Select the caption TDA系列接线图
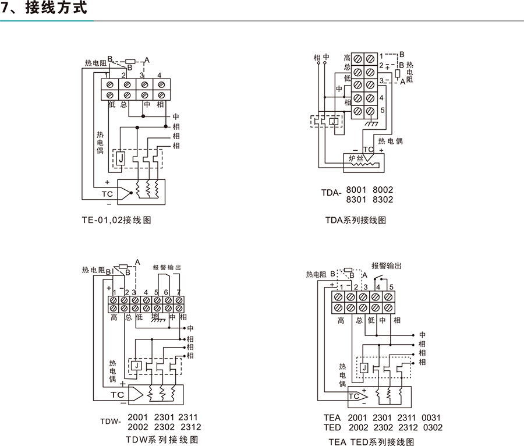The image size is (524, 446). coord(356,220)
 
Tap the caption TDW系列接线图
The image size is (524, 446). coord(161,439)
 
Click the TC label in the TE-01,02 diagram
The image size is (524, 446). coord(108,194)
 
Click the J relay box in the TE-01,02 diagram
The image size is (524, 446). coord(120,158)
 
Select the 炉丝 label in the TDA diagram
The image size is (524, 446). coord(356,158)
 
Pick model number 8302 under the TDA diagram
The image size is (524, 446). coord(383,200)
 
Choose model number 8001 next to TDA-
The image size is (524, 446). coord(356,190)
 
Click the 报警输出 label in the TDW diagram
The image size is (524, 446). coord(167,267)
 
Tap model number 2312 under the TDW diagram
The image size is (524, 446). coord(190,427)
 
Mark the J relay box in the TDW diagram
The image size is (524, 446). coord(135,365)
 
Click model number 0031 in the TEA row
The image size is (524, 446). coord(431,418)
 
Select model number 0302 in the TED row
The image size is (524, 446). coord(431,428)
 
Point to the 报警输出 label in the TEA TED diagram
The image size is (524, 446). coord(387,266)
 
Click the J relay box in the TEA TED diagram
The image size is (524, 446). coord(363,367)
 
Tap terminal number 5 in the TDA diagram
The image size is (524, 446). coord(382,111)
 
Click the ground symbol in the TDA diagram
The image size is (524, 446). coord(371,124)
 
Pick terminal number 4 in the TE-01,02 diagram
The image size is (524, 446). coord(159,75)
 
